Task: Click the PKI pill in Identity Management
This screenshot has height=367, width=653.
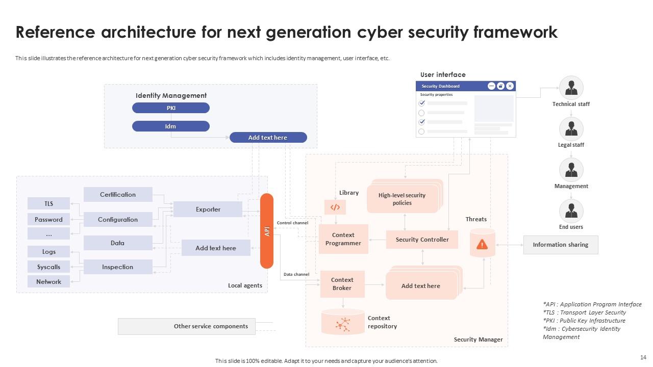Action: pyautogui.click(x=171, y=108)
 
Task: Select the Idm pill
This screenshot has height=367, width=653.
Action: pyautogui.click(x=171, y=126)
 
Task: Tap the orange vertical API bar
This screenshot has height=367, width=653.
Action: pyautogui.click(x=267, y=231)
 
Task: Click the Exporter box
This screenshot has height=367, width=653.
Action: pyautogui.click(x=208, y=209)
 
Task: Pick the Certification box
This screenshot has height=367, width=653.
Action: pyautogui.click(x=118, y=194)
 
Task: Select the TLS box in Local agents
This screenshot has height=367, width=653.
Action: pyautogui.click(x=48, y=203)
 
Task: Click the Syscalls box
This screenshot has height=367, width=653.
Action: pyautogui.click(x=48, y=267)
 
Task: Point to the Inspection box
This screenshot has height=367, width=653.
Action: pyautogui.click(x=118, y=267)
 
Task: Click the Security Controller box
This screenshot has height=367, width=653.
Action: pyautogui.click(x=422, y=240)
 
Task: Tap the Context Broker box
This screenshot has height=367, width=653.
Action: pyautogui.click(x=342, y=284)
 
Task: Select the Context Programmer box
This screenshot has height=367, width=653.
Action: pyautogui.click(x=343, y=239)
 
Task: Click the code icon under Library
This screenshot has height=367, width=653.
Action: pyautogui.click(x=335, y=207)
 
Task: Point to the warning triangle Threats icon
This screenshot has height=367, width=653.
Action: pyautogui.click(x=482, y=245)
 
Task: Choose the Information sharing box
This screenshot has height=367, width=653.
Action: pyautogui.click(x=561, y=245)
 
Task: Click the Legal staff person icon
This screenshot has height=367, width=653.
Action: pyautogui.click(x=571, y=128)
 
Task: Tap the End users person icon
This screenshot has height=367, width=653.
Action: pyautogui.click(x=571, y=211)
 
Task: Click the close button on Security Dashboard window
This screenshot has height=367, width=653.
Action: pyautogui.click(x=510, y=86)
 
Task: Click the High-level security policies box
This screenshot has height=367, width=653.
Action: pyautogui.click(x=402, y=199)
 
